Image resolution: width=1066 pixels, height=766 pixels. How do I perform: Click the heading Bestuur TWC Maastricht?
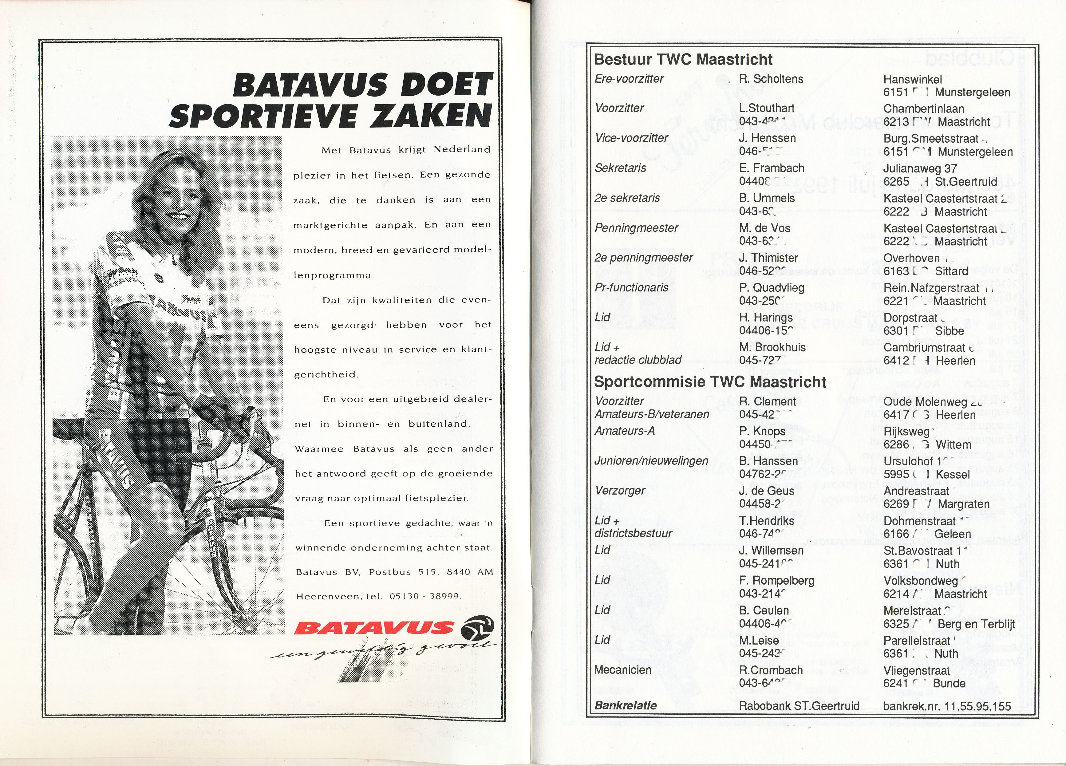[x=683, y=60]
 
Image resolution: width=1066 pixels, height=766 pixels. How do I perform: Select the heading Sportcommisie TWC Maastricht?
[x=710, y=381]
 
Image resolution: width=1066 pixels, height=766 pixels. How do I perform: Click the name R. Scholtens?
[x=771, y=79]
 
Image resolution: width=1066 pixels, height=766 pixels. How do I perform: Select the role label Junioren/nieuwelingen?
[x=651, y=461]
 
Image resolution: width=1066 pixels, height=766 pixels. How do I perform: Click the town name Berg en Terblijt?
[x=976, y=624]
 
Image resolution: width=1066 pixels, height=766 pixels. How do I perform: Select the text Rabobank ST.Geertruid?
[x=799, y=706]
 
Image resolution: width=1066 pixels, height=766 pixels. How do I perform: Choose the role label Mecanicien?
[x=622, y=670]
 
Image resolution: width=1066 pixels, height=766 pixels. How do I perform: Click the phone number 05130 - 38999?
[x=424, y=596]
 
